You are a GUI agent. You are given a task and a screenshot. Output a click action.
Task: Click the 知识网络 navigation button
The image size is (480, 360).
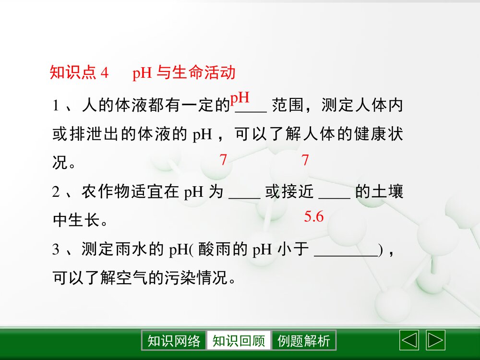174,341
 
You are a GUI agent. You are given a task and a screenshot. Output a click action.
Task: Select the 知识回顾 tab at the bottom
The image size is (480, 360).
239,341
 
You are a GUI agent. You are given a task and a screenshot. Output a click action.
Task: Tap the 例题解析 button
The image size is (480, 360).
304,341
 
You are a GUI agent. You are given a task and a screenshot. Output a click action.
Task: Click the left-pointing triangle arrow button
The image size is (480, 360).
409,340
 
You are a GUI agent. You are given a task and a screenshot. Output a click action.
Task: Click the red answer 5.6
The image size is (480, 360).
314,217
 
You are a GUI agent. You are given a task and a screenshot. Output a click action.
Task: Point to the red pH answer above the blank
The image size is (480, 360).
240,98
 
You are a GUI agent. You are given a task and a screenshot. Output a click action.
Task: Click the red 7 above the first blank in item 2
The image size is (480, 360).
223,160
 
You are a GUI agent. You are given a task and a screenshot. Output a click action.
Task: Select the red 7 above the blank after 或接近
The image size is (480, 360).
305,160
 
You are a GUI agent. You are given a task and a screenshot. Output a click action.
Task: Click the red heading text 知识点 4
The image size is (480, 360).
79,72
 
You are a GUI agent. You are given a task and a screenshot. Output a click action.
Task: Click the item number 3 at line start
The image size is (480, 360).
56,250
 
